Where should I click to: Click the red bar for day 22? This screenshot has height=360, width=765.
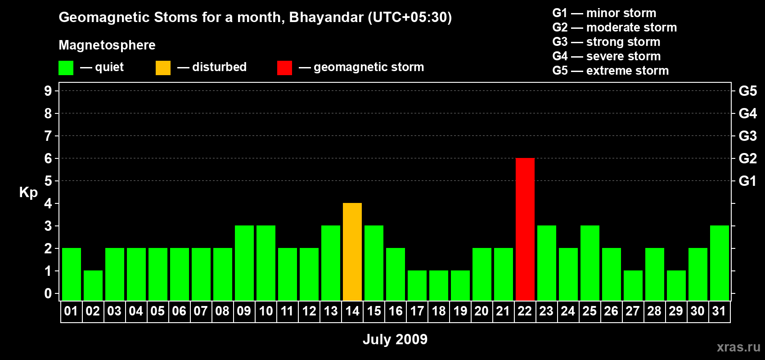(525, 229)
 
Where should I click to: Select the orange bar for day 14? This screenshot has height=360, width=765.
(352, 252)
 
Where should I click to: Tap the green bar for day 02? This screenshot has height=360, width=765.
(93, 286)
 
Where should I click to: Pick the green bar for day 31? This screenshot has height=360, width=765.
(719, 263)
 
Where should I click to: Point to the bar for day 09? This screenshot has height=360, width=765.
(244, 263)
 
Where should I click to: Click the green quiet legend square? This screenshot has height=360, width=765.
(66, 67)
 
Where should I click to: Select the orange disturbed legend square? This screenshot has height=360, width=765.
(163, 67)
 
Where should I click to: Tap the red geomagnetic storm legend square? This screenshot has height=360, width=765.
(284, 67)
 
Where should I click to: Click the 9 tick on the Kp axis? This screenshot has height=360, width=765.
(48, 91)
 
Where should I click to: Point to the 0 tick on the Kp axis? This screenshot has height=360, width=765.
(48, 293)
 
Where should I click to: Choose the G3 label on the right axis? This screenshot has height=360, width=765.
(747, 136)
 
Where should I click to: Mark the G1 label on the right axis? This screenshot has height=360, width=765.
(747, 181)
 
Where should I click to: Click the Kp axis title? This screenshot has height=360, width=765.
(28, 193)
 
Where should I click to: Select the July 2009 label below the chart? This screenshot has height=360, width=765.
(395, 339)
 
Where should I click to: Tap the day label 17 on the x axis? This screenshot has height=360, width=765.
(417, 311)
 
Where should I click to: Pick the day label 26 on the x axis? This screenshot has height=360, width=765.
(611, 311)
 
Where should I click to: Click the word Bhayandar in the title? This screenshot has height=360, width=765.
(326, 18)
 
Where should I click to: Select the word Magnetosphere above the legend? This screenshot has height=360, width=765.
(107, 45)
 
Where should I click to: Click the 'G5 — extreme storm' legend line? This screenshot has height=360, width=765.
(610, 71)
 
